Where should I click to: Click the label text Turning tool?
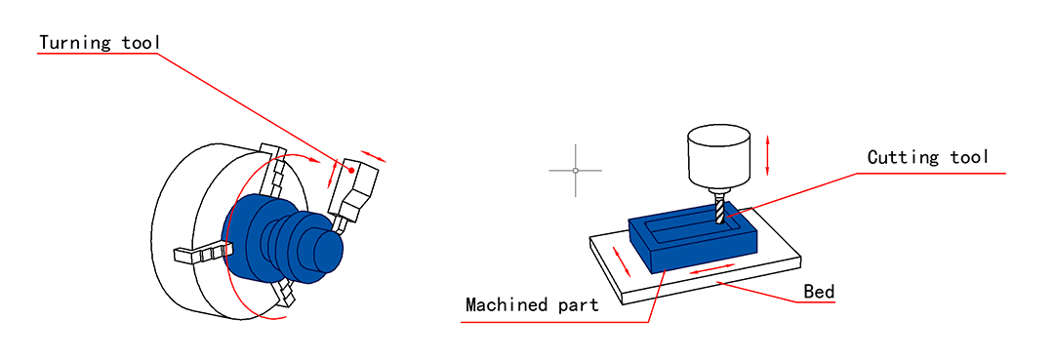click(x=100, y=42)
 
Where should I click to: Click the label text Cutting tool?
click(x=928, y=158)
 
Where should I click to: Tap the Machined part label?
click(x=533, y=305)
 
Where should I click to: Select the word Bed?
click(x=820, y=292)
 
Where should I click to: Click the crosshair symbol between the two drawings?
click(x=576, y=171)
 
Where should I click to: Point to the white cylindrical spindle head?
click(x=718, y=156)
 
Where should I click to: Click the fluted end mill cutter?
click(x=720, y=207)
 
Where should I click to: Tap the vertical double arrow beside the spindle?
click(x=768, y=154)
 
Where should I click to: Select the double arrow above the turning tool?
click(x=375, y=155)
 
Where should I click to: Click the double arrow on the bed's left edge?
click(x=623, y=260)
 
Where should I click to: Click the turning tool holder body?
click(x=355, y=190)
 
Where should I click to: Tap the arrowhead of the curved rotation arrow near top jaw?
click(x=316, y=160)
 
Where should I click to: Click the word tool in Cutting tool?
click(x=969, y=158)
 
